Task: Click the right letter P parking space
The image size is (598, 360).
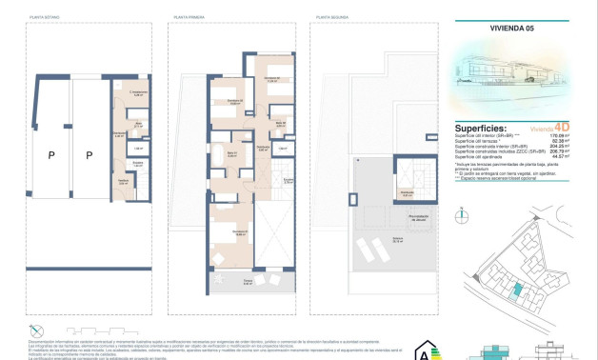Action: click(x=89, y=154)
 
